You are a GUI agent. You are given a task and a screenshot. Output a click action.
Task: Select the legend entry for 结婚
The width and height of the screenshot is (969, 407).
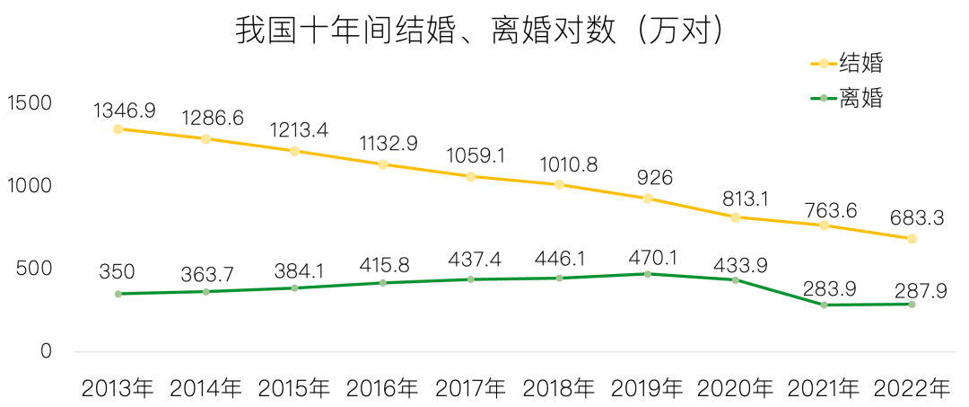pyautogui.click(x=848, y=64)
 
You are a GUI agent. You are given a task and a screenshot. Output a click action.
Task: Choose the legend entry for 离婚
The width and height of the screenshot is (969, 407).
pyautogui.click(x=848, y=97)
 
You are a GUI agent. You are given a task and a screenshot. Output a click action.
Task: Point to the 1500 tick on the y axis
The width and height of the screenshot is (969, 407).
pyautogui.click(x=30, y=103)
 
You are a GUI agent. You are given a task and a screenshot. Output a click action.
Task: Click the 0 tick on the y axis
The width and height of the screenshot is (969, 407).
pyautogui.click(x=46, y=351)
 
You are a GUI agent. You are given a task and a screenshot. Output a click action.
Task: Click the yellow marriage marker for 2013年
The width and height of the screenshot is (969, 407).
pyautogui.click(x=118, y=129)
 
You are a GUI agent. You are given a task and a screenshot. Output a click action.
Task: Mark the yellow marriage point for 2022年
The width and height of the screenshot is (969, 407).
pyautogui.click(x=912, y=239)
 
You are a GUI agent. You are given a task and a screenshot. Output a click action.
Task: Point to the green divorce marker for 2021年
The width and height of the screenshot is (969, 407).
pyautogui.click(x=823, y=305)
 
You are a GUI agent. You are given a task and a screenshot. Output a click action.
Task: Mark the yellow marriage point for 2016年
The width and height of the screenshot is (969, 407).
pyautogui.click(x=383, y=164)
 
